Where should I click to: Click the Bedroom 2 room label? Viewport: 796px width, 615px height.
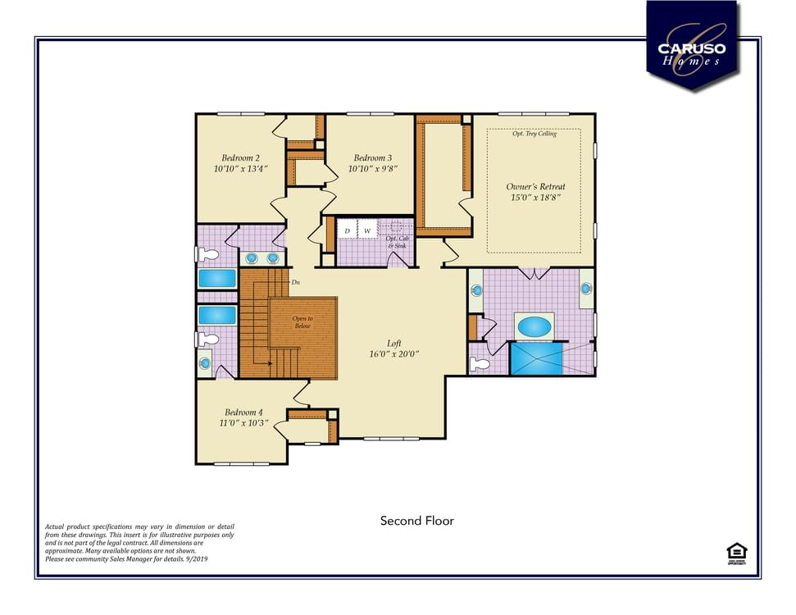point(241,157)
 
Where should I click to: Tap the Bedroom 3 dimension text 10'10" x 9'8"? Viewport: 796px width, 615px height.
point(372,169)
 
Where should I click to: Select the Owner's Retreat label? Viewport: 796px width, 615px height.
point(535,186)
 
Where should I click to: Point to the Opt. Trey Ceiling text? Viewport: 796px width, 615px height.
point(534,134)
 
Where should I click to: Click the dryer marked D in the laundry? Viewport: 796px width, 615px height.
point(347,232)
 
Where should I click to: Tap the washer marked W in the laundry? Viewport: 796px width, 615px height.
point(367,232)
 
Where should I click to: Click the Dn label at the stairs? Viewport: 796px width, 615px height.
point(295,282)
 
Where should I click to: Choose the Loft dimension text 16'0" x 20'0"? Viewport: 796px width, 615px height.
point(393,355)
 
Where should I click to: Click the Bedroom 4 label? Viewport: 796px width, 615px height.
point(244,412)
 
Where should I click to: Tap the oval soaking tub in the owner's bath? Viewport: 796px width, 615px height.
point(534,326)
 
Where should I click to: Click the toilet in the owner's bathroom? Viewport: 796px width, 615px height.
point(480,364)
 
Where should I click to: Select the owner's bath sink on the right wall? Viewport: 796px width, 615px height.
point(586,289)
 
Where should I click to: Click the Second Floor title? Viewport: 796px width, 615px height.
point(416,521)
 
